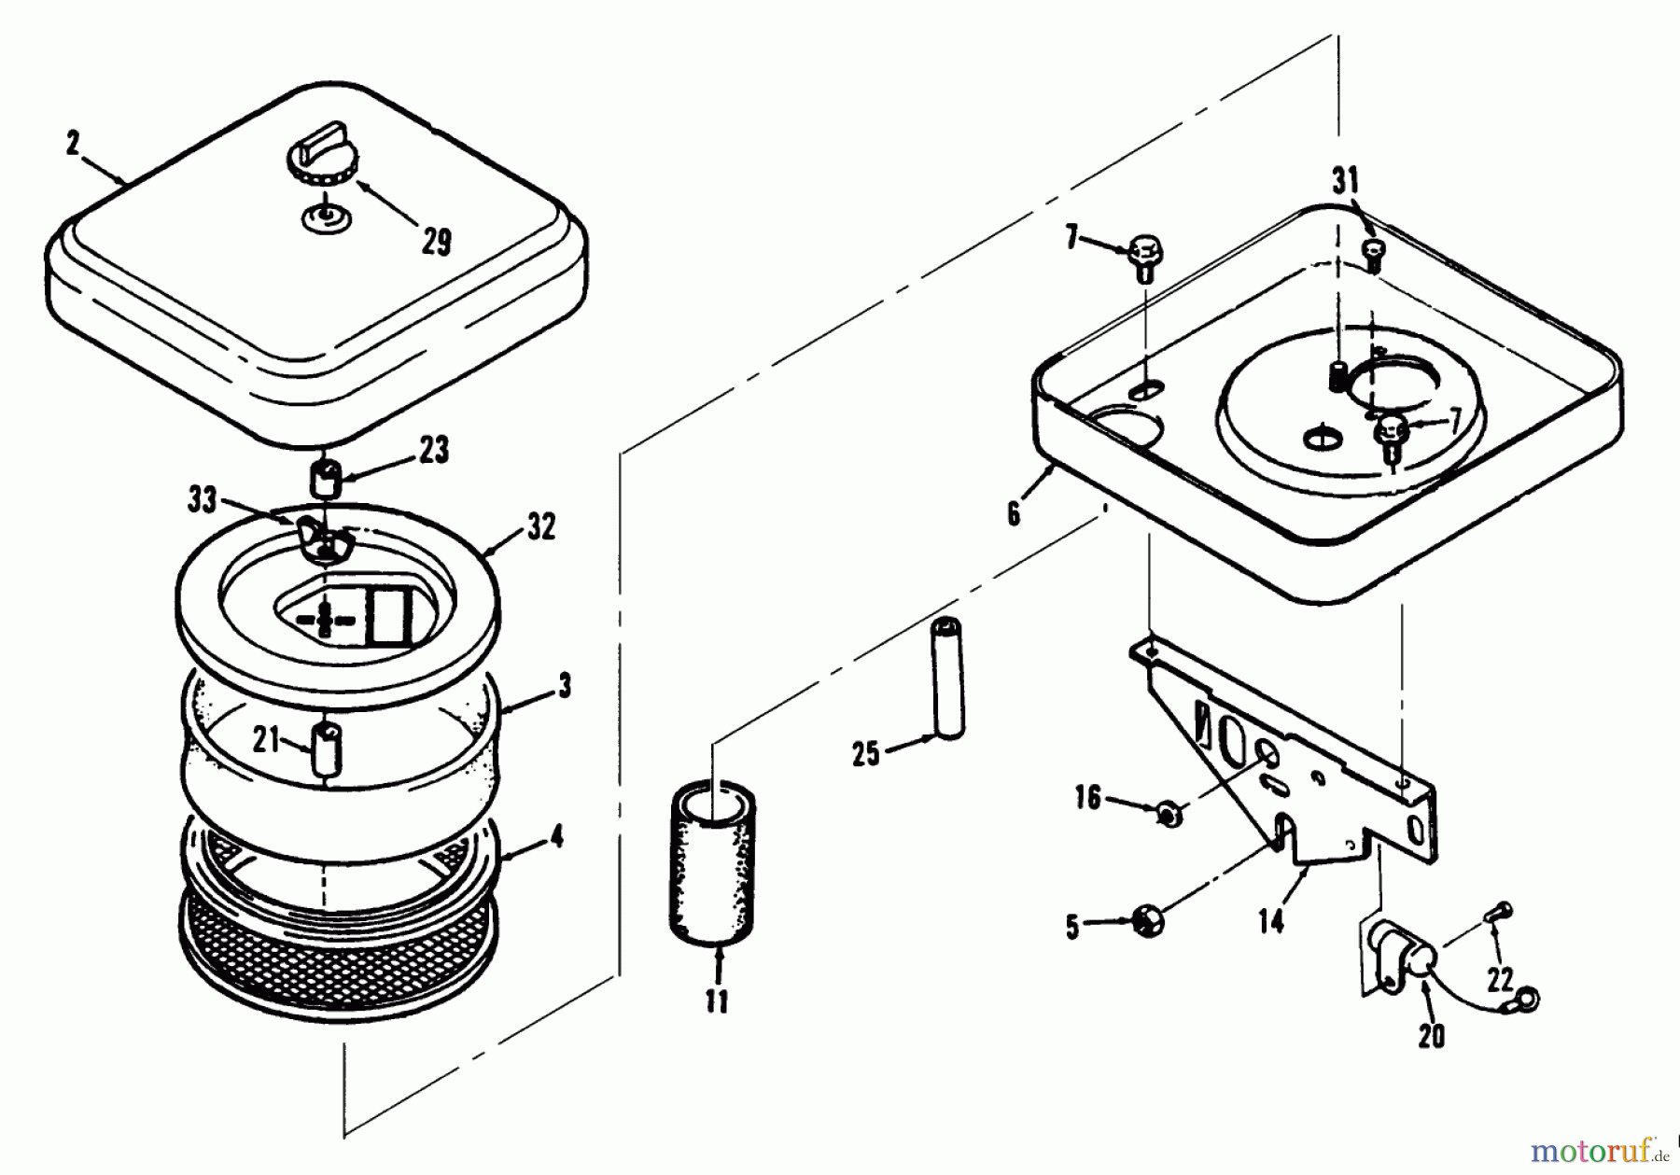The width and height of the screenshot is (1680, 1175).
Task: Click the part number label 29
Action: (x=436, y=241)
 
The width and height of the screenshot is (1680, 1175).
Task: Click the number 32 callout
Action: (x=541, y=526)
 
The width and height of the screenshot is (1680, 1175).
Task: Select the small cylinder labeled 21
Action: (x=326, y=747)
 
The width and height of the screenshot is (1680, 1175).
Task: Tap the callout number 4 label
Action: (x=557, y=836)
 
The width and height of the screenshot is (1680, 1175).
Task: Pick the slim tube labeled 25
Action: (x=948, y=678)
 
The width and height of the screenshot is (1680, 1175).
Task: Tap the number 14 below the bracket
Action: (x=1271, y=920)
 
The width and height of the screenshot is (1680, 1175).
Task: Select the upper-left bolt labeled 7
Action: (x=1144, y=255)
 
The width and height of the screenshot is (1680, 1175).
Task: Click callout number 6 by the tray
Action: (x=1015, y=513)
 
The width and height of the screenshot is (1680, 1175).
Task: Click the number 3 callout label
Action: (x=564, y=686)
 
